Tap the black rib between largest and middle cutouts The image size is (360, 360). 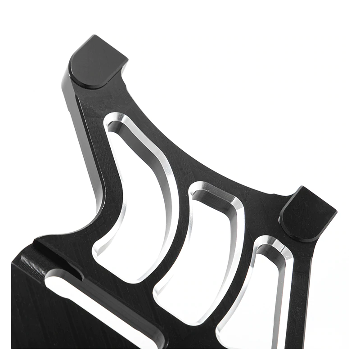coord(178,234)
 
